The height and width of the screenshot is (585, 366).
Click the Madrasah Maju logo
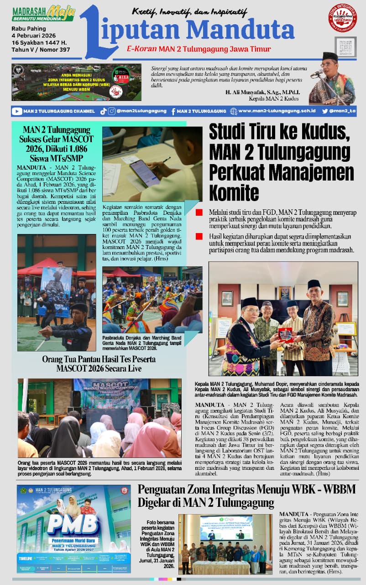pos(43,13)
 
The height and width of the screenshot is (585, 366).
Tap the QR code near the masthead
pos(345,47)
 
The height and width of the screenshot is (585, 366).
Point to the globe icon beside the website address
pos(234,111)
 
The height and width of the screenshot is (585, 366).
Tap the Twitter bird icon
pos(325,111)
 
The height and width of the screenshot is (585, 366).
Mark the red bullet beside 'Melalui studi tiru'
pos(199,213)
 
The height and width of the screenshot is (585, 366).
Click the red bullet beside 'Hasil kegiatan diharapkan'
pos(199,236)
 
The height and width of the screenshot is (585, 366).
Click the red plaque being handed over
pos(286,335)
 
